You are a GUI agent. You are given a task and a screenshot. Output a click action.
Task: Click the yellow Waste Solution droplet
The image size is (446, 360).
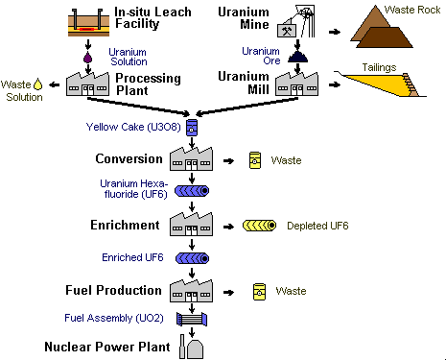coord(38,84)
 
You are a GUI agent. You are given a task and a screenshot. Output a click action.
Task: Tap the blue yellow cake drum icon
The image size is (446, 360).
coord(194,127)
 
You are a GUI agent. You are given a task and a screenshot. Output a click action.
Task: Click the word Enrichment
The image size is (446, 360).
coord(127,225)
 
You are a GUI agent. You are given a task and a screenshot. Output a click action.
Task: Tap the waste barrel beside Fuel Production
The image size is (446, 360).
coord(256,291)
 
